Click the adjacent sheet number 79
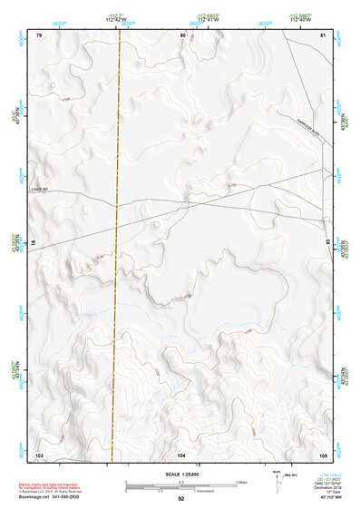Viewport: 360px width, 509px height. tap(39, 34)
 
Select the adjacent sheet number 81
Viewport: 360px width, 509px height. tap(324, 34)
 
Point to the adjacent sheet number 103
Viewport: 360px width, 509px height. tap(39, 453)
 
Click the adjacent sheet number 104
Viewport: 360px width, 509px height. tap(181, 453)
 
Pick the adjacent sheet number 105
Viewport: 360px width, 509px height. tap(323, 453)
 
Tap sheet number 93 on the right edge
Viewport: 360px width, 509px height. tap(327, 243)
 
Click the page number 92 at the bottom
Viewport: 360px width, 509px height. tap(181, 498)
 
